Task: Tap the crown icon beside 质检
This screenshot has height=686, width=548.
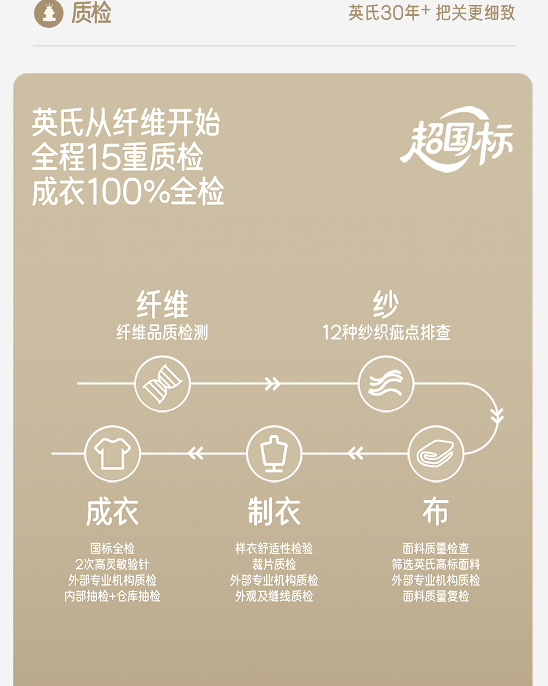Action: [x=49, y=13]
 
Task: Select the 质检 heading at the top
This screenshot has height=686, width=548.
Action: [x=92, y=13]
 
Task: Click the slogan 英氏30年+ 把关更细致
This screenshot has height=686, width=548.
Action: [x=431, y=13]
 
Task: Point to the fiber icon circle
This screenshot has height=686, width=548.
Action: [x=162, y=384]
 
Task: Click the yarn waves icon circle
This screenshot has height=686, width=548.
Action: [x=386, y=384]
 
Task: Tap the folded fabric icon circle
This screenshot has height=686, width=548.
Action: [x=436, y=454]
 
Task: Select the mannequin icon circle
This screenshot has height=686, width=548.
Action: [x=274, y=454]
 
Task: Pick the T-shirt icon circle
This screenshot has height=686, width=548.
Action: [x=112, y=454]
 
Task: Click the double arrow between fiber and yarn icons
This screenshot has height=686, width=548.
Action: [x=272, y=384]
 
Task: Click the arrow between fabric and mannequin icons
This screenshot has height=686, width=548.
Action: [x=355, y=454]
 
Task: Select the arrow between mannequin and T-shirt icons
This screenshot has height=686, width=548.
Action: [x=195, y=454]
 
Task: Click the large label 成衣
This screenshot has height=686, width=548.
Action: [x=112, y=512]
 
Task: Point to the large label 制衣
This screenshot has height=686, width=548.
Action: [x=274, y=512]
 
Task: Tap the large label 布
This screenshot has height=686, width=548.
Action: [x=436, y=512]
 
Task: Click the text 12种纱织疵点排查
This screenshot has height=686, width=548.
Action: [x=386, y=332]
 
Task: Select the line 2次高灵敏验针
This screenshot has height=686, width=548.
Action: [x=112, y=564]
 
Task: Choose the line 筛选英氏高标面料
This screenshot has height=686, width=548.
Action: [x=436, y=564]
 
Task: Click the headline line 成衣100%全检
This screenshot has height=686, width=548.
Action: [x=128, y=192]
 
